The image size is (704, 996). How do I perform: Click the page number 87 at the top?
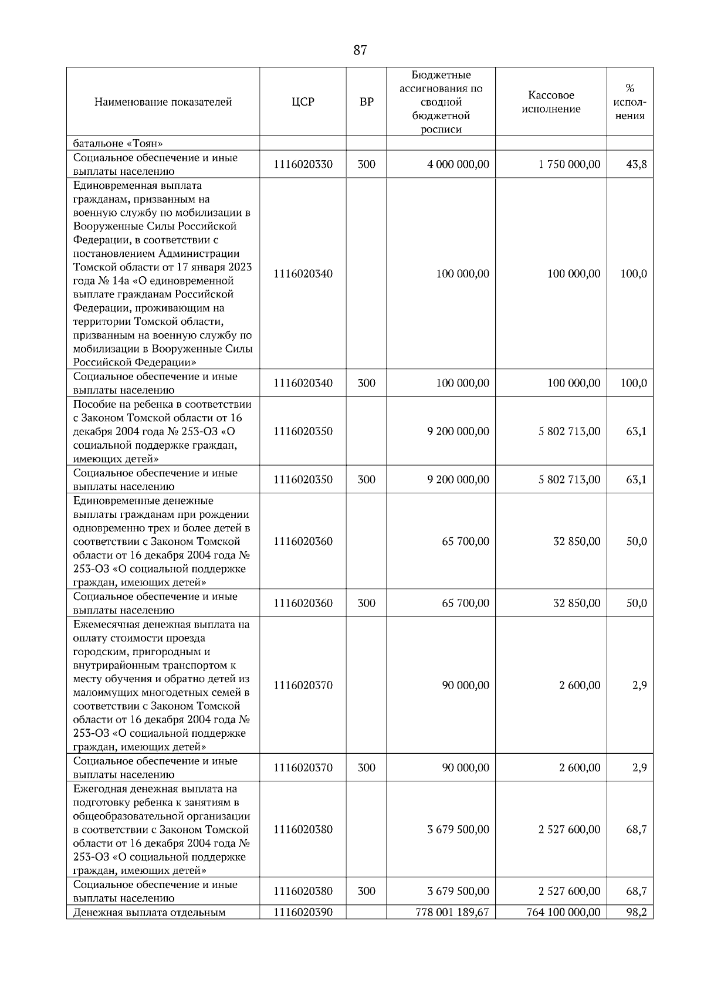(x=360, y=50)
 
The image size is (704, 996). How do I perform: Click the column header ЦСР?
(x=303, y=102)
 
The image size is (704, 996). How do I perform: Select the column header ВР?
(x=366, y=102)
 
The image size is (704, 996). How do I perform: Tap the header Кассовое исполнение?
(x=551, y=102)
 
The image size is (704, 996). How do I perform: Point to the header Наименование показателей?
(x=163, y=102)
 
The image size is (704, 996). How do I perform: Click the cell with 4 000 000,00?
(x=458, y=164)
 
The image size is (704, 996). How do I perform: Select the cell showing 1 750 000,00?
(x=569, y=164)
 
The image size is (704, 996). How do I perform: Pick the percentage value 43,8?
(x=636, y=164)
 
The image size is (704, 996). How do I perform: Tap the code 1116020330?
(x=303, y=164)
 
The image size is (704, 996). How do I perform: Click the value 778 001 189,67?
(x=452, y=912)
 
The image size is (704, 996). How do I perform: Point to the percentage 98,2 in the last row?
(x=636, y=912)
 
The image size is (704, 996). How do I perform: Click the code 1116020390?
(x=303, y=912)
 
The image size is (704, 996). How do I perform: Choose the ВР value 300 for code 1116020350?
(x=366, y=480)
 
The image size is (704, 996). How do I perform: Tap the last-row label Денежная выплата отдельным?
(x=150, y=912)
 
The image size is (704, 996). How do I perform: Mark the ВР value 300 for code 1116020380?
(x=366, y=892)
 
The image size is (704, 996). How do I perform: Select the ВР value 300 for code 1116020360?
(x=366, y=604)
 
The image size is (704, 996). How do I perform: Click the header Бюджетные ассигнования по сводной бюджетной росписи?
(x=441, y=102)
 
